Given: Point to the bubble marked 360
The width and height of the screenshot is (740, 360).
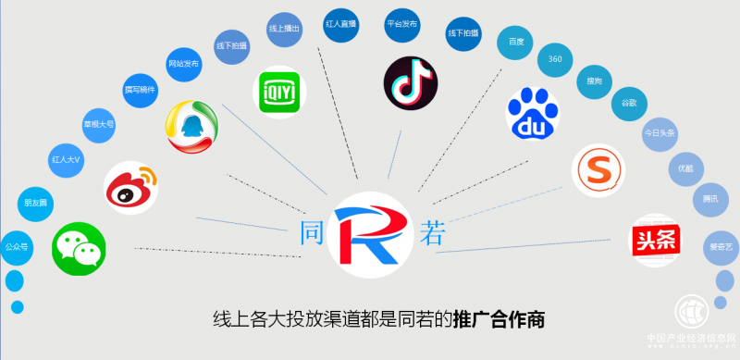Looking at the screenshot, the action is coord(555,59).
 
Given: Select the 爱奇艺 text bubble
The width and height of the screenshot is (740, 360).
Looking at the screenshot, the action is coord(720,247).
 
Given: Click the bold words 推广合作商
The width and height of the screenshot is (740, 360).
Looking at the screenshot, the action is coord(499,321).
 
